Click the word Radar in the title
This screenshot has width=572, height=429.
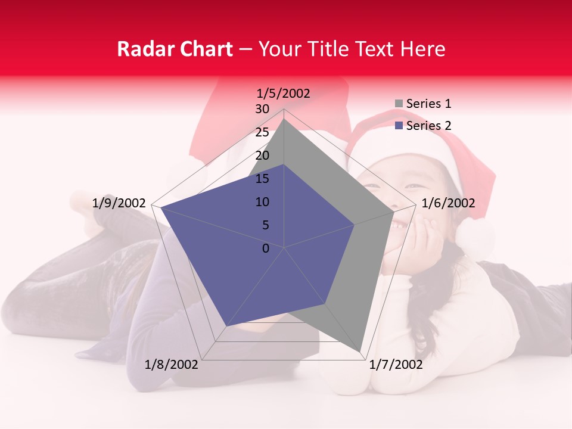(143, 49)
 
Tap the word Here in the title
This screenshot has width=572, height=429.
(422, 49)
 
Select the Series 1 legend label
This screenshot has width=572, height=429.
(428, 104)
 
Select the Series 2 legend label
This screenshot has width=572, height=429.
(428, 126)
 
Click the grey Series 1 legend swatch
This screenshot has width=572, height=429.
(399, 104)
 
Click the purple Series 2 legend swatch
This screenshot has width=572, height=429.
(399, 126)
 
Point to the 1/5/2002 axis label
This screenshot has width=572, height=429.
(283, 94)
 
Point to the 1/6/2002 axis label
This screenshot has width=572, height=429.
(448, 203)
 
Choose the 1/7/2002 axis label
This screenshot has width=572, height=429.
(396, 364)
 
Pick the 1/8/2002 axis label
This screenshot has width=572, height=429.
(172, 364)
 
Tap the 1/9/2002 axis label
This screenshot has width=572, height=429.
(119, 203)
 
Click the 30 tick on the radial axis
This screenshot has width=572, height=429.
(262, 109)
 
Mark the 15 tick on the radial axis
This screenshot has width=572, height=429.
(262, 179)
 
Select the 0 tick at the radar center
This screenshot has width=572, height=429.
(266, 248)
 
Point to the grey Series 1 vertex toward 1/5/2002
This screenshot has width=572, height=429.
(284, 119)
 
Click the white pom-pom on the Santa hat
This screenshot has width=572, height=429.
(475, 238)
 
